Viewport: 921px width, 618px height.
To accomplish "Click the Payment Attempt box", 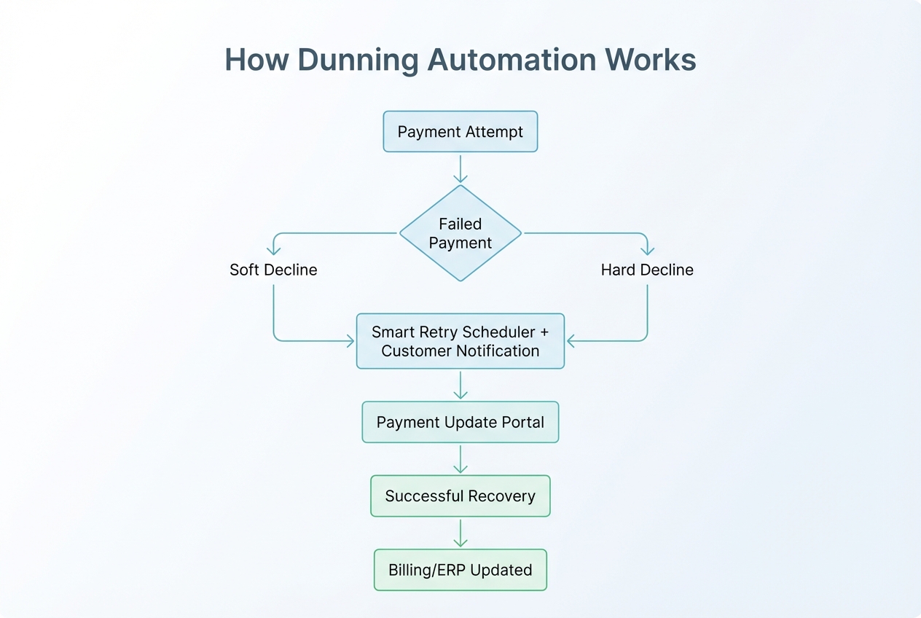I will [460, 132].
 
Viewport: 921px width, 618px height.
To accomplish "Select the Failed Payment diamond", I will [460, 233].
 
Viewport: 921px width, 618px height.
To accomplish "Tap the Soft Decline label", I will [273, 270].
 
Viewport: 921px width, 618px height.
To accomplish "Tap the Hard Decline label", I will [647, 270].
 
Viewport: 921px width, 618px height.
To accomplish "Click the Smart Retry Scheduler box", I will [460, 341].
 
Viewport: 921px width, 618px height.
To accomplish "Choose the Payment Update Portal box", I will [460, 422].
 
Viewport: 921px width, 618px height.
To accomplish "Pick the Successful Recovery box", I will [460, 496].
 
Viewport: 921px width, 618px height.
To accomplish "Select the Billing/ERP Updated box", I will [460, 570].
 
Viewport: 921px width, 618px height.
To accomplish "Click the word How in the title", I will [252, 60].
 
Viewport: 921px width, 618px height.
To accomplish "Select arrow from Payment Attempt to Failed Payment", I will [460, 168].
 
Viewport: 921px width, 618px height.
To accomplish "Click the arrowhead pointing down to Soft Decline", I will [274, 251].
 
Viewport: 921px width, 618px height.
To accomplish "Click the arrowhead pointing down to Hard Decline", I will [647, 251].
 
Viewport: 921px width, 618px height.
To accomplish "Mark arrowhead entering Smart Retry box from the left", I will [350, 340].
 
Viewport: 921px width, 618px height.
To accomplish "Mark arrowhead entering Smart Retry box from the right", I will [571, 340].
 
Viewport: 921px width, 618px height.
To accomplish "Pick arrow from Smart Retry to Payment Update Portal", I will [460, 385].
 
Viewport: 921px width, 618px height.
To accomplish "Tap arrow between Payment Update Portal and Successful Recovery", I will [460, 459].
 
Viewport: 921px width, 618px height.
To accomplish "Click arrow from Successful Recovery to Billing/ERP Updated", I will [460, 533].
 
